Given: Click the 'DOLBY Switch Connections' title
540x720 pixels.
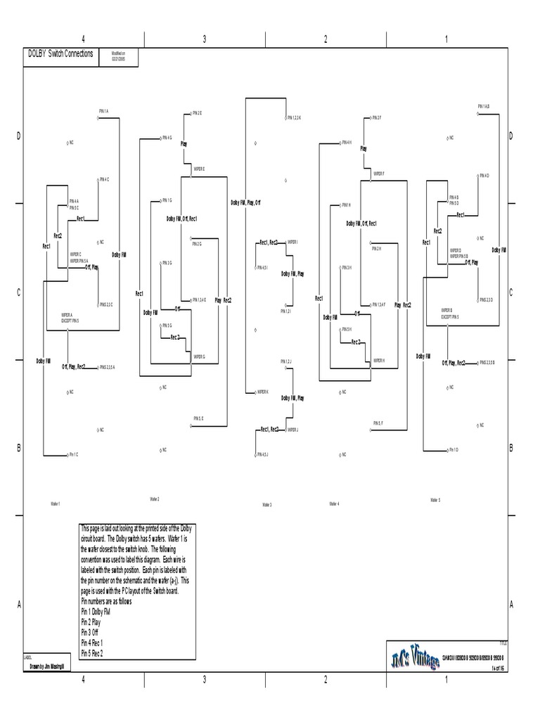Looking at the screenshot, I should [x=60, y=53].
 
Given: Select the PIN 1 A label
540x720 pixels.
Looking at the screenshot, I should [x=104, y=111].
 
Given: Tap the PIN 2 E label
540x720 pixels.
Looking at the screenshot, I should [x=196, y=112].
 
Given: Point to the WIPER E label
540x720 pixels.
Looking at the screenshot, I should [x=199, y=169].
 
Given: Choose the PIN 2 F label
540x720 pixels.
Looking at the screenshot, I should [x=377, y=117].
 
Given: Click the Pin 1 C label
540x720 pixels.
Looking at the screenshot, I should [x=73, y=455].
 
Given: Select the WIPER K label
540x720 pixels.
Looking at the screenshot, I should [x=262, y=392].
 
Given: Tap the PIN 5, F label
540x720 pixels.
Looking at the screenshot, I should [x=378, y=423].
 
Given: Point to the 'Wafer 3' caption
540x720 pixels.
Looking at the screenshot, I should [x=266, y=505].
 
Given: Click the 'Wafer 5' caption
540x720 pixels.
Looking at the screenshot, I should [x=435, y=500].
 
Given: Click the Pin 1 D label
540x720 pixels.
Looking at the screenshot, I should [x=453, y=449].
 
